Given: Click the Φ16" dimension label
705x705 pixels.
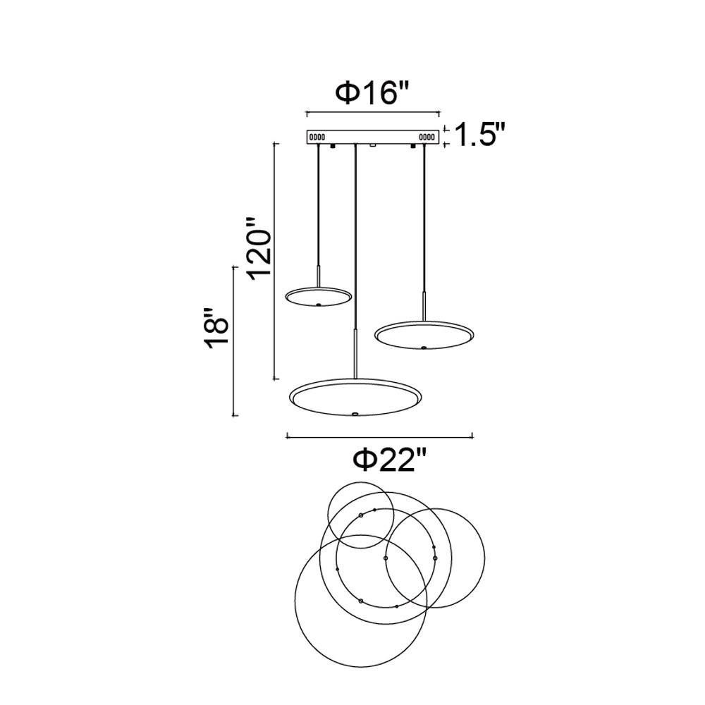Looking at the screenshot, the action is point(374,94).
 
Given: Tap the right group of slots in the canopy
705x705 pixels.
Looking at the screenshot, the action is point(428,137).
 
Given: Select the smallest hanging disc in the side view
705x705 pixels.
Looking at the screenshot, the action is point(319,298).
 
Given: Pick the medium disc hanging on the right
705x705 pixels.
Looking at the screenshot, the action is point(424,335).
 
